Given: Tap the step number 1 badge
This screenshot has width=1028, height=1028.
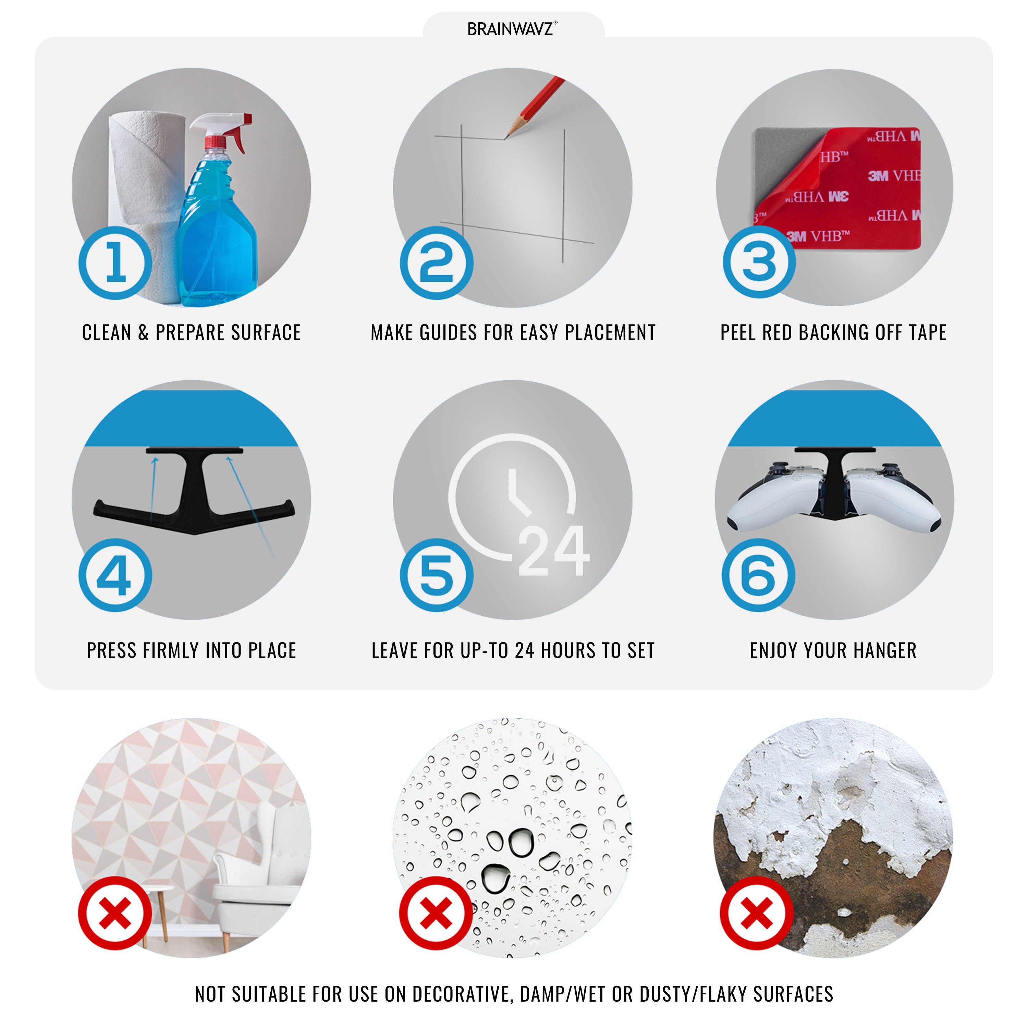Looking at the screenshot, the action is (x=115, y=263).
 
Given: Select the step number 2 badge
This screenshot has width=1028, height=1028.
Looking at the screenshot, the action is (x=436, y=263).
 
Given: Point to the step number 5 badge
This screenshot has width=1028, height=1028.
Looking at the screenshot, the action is (x=436, y=576).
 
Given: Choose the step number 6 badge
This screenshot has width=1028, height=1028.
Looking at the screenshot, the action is (x=758, y=576).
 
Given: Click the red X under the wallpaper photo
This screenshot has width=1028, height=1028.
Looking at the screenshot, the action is (x=115, y=913).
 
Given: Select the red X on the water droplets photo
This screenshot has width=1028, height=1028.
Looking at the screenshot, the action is (x=436, y=913).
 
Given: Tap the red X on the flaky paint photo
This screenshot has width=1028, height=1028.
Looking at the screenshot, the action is (x=757, y=913).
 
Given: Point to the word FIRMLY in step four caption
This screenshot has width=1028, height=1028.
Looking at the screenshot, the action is (x=168, y=650).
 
